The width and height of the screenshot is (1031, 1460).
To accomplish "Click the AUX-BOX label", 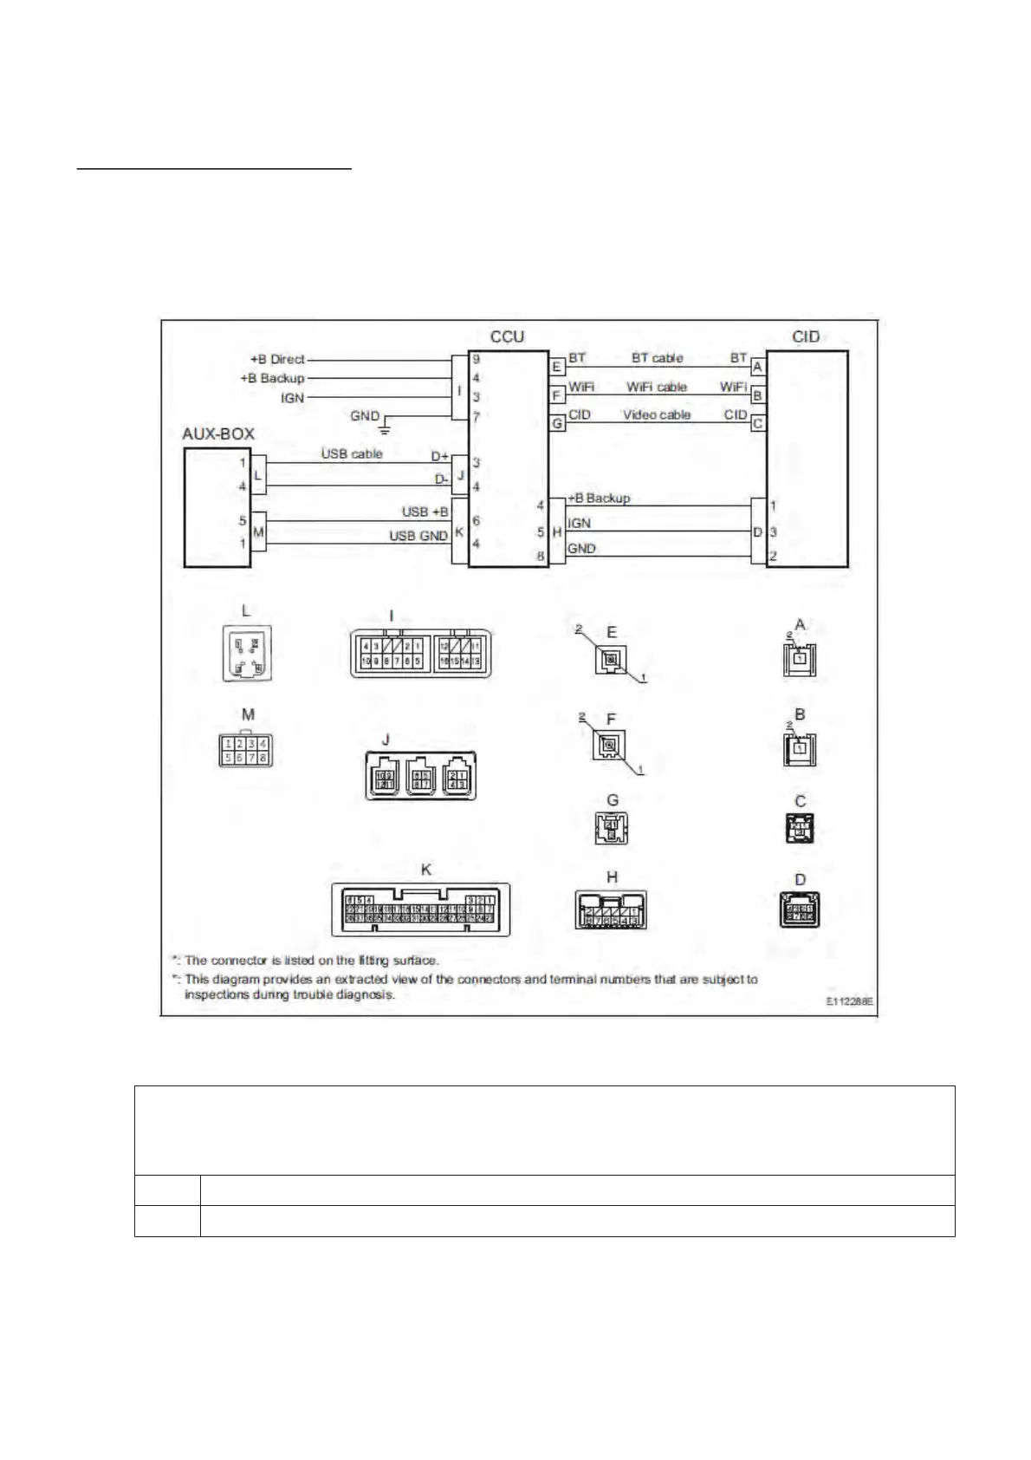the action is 217,433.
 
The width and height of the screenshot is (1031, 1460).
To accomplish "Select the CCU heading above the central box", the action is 507,336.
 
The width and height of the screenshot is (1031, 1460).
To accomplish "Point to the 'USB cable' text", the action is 352,453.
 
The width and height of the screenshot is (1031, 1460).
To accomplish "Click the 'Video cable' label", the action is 656,414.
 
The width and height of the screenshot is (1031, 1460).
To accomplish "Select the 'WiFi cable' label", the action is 656,387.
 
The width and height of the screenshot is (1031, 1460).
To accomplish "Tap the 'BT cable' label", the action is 657,357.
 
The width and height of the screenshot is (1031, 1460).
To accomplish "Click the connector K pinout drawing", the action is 420,909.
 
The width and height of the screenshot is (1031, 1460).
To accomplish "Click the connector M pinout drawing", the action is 246,750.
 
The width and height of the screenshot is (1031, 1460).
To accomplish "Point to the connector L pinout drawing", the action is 248,655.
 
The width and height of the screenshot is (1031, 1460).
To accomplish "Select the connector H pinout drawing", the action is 612,909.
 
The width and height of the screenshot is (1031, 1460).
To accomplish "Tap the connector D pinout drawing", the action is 800,909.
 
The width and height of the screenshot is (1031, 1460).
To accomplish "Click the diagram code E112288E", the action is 848,1001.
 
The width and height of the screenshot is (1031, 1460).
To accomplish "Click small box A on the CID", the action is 757,368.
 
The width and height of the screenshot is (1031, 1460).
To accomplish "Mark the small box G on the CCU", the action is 557,424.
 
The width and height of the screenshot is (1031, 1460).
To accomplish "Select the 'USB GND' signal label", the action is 418,536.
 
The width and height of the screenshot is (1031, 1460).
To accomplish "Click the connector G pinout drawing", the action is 612,829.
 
